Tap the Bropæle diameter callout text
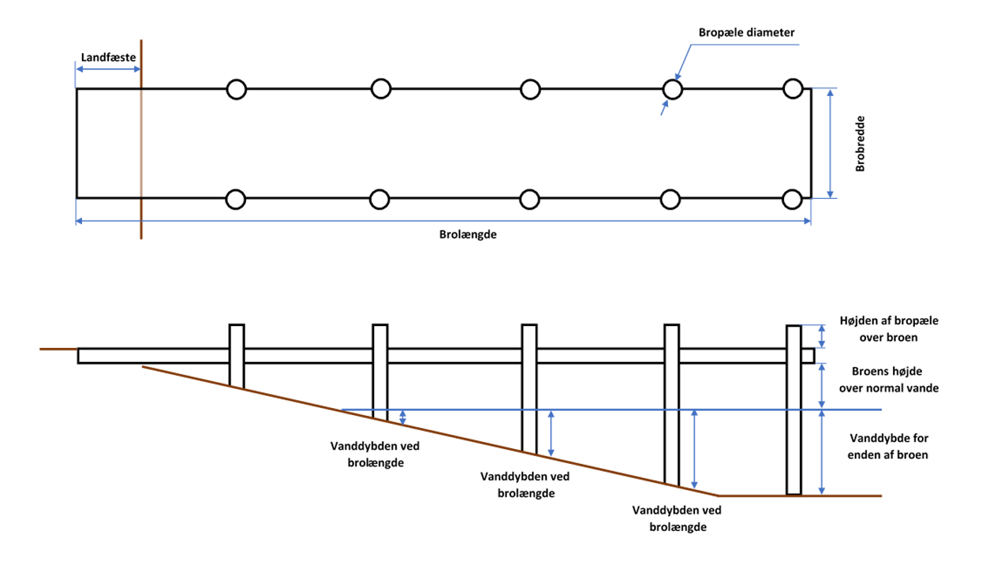[747, 32]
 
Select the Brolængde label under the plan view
[467, 235]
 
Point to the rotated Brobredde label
[860, 144]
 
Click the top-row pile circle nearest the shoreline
[236, 89]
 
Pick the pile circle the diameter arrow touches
[672, 89]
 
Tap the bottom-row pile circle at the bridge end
[793, 199]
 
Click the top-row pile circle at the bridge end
[793, 88]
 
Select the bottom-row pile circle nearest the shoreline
[236, 199]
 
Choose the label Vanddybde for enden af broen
[887, 446]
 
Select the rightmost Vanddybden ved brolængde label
[677, 518]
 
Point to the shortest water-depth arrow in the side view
[403, 417]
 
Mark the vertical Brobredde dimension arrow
[831, 144]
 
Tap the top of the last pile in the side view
[794, 327]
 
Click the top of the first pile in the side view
[237, 326]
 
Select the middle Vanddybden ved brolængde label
[525, 484]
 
